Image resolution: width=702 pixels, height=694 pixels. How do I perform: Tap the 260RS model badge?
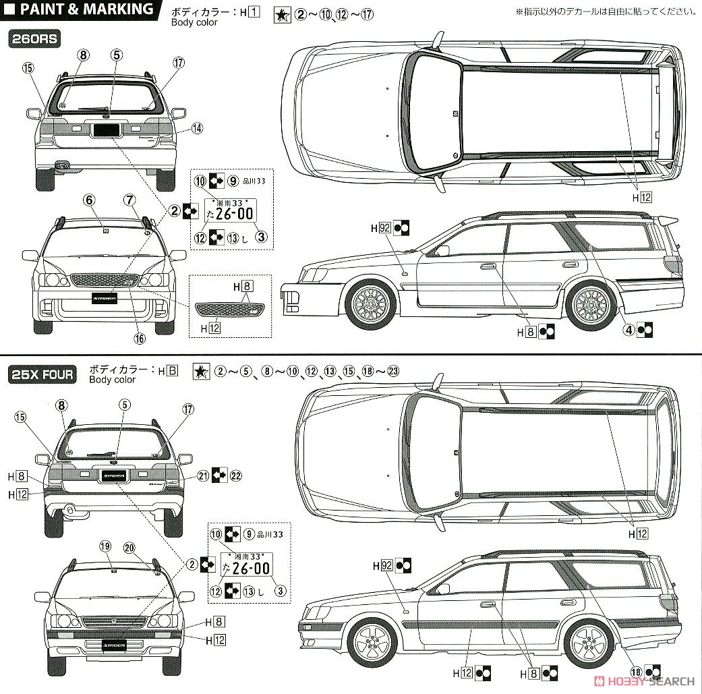34,39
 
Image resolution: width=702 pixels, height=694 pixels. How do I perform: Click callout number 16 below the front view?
139,339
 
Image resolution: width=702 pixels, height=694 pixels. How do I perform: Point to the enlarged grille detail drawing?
230,310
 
